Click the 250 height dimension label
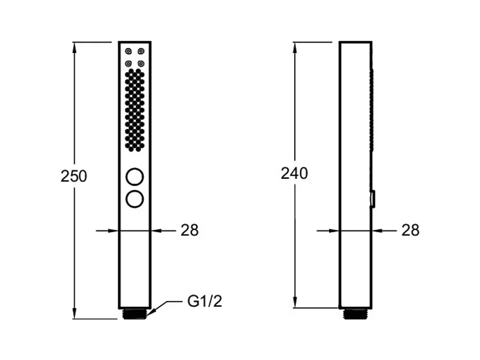pos(74,176)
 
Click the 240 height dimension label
pos(294,173)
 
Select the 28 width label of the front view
pos(190,230)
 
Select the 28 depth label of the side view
pos(410,230)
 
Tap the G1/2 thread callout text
pos(205,301)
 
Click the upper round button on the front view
pos(135,177)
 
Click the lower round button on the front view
pos(135,199)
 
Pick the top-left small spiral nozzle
pos(129,51)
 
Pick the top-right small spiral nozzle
pos(141,51)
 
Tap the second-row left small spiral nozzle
pos(129,64)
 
